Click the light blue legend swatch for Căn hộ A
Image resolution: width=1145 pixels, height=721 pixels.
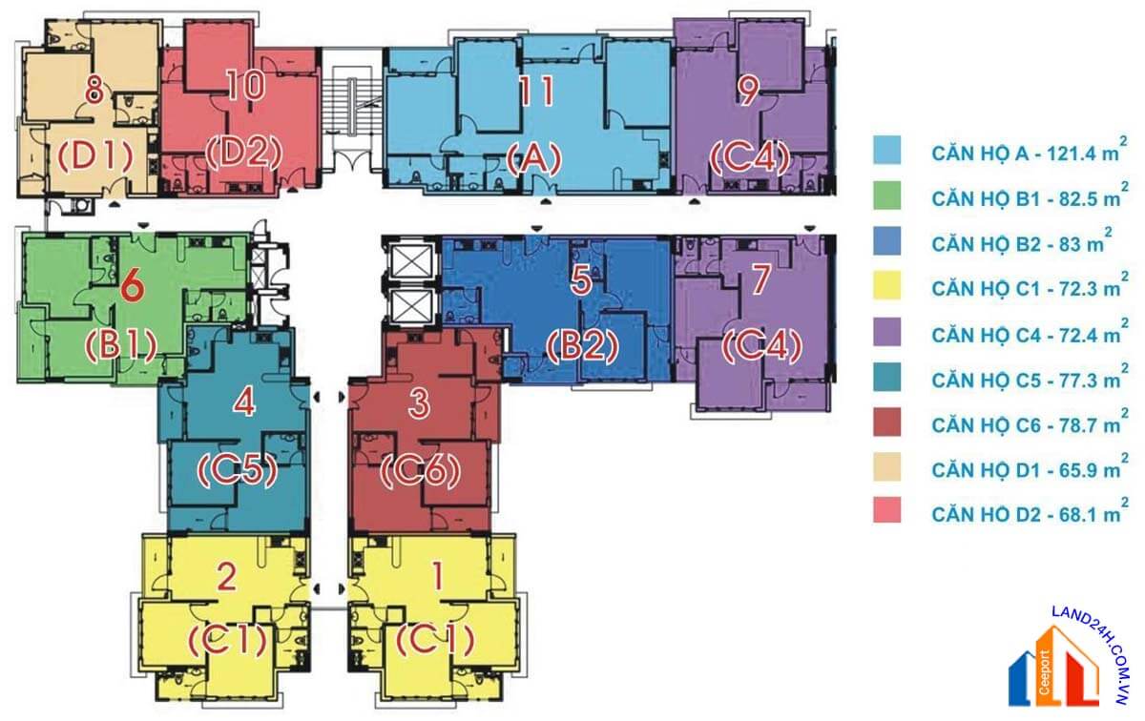point(886,150)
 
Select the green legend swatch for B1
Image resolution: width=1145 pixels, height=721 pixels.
point(886,196)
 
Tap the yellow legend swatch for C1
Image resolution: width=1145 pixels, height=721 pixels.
point(886,285)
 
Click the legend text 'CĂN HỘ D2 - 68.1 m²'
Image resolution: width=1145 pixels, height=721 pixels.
point(1030,513)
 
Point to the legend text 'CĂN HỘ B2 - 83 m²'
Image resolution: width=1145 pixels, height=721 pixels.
point(1021,242)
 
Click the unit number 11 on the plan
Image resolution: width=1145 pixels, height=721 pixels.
point(536,92)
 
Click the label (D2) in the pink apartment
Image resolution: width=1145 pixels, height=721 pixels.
point(244,154)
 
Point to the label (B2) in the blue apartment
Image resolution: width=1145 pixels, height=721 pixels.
point(582,346)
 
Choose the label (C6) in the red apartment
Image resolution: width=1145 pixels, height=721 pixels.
point(420,470)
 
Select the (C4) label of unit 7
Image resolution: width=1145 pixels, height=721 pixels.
point(761,346)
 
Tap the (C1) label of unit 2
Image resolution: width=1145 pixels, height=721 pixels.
point(228,640)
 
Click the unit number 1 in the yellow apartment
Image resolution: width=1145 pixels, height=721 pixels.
point(438,576)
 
